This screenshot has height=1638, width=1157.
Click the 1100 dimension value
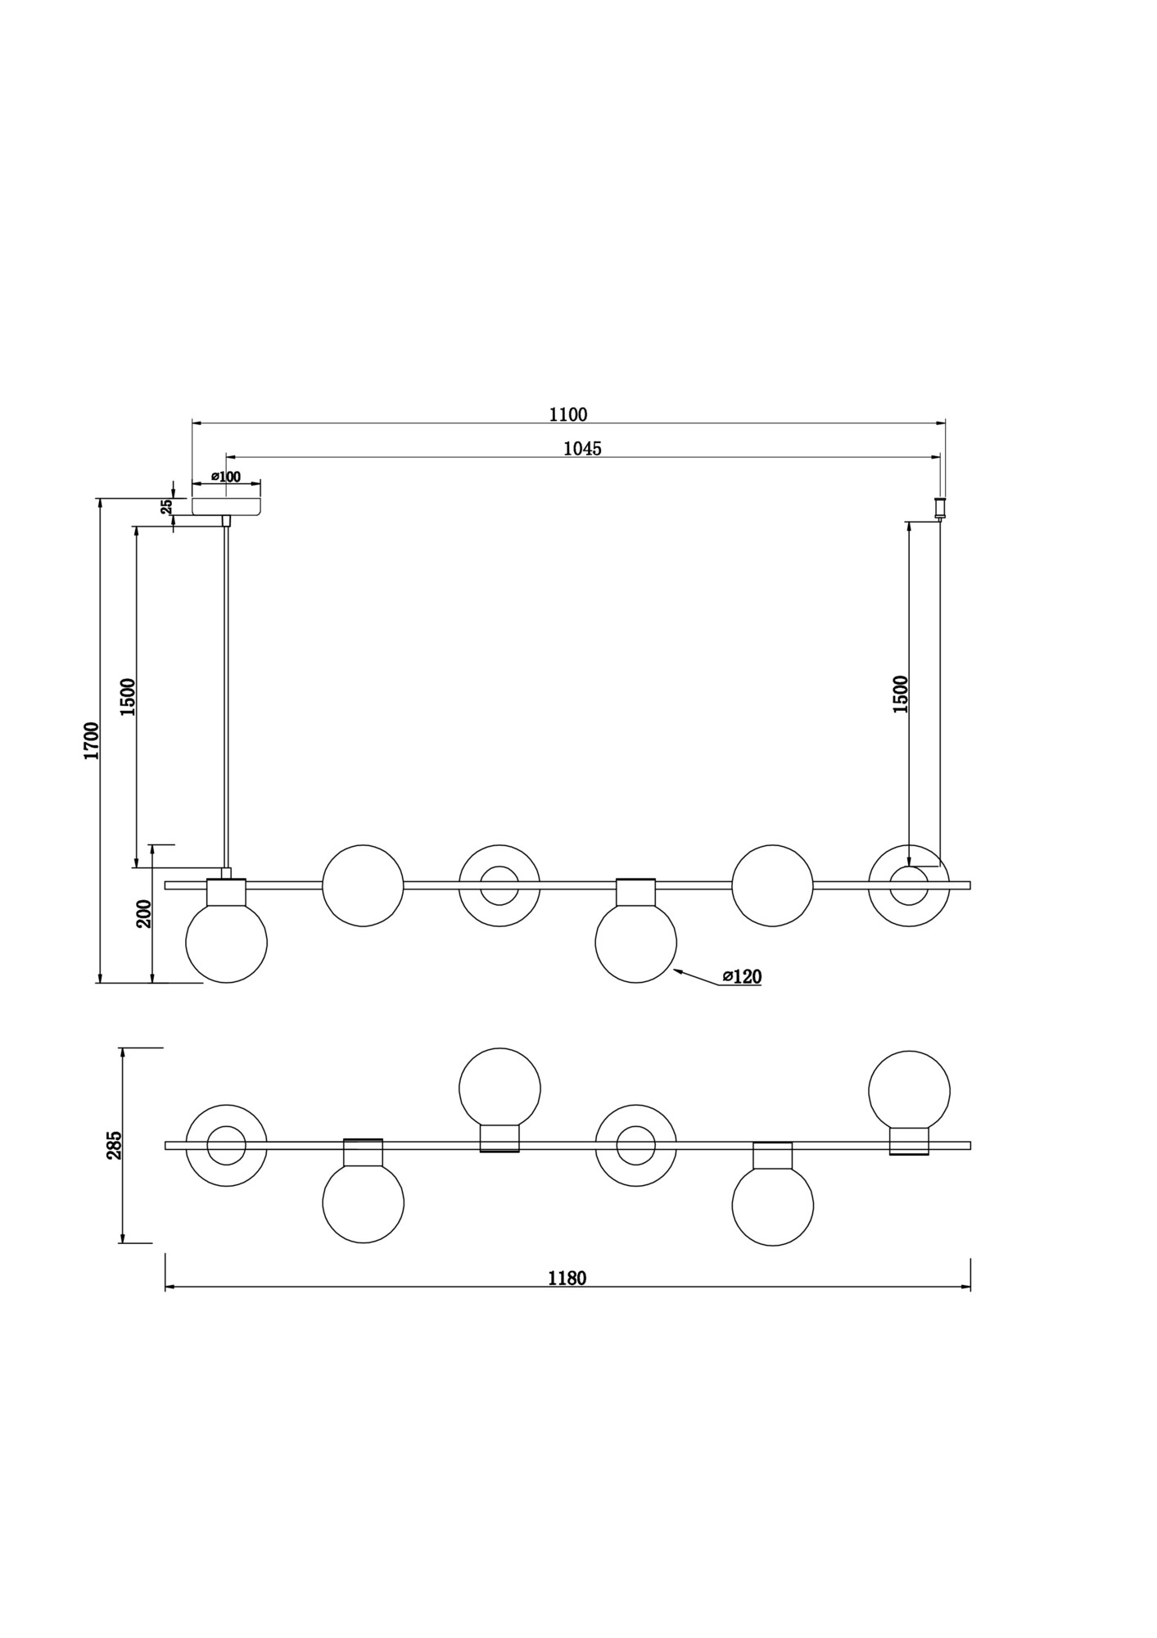(x=567, y=414)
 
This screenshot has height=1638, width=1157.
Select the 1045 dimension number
(x=582, y=449)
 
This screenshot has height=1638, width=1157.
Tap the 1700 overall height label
(x=91, y=740)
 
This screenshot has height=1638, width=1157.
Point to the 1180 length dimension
(x=567, y=1278)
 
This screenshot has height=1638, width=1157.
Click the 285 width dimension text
(x=114, y=1145)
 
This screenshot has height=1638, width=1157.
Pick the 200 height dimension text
(x=143, y=913)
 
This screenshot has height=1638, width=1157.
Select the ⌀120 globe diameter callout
(x=742, y=976)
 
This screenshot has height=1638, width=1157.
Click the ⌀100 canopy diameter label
(x=226, y=477)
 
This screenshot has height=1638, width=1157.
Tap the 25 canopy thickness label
(x=167, y=506)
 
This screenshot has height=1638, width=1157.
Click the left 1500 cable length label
(x=128, y=697)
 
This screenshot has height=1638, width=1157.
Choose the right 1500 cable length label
(x=901, y=695)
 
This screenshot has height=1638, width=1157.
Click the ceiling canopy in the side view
(x=226, y=507)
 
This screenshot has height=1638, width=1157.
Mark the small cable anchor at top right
(x=940, y=508)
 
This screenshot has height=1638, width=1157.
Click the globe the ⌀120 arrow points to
(x=636, y=942)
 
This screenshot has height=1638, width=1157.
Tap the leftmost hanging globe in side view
(x=227, y=942)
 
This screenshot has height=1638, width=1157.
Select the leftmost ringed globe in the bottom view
(x=227, y=1146)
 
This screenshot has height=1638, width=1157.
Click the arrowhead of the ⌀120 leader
(x=674, y=971)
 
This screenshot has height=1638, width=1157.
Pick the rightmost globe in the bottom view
(x=910, y=1092)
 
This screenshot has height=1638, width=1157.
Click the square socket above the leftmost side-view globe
(x=227, y=892)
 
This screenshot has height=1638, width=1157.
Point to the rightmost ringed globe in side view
(x=909, y=885)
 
